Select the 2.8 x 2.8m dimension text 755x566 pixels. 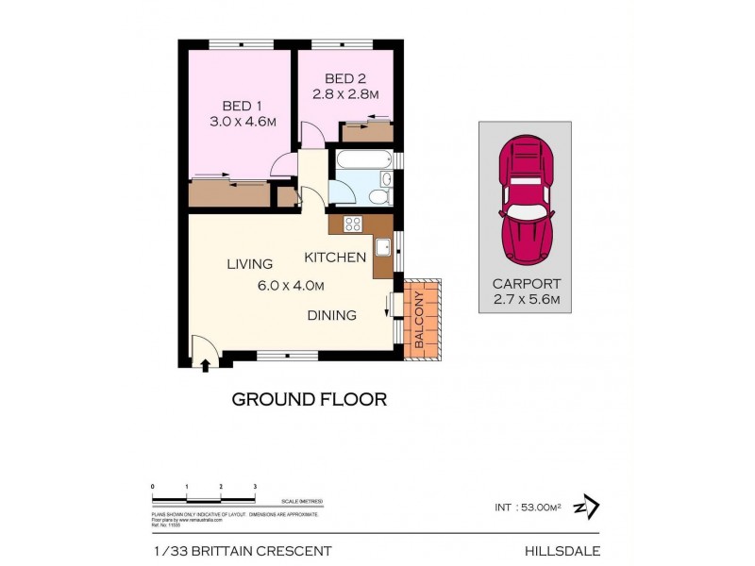tap(345, 94)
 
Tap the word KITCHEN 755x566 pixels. tap(334, 258)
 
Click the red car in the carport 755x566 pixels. tap(527, 200)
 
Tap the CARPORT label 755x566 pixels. tap(527, 283)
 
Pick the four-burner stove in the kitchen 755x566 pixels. tap(353, 224)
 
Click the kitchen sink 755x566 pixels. tap(383, 247)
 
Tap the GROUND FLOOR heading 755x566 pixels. tap(309, 399)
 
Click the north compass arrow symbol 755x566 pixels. tap(591, 507)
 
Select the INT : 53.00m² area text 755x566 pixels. tap(527, 508)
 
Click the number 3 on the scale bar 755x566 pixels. tap(255, 486)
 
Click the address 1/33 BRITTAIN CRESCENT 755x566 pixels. tap(242, 550)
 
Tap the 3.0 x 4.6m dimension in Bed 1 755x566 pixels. tap(242, 122)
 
